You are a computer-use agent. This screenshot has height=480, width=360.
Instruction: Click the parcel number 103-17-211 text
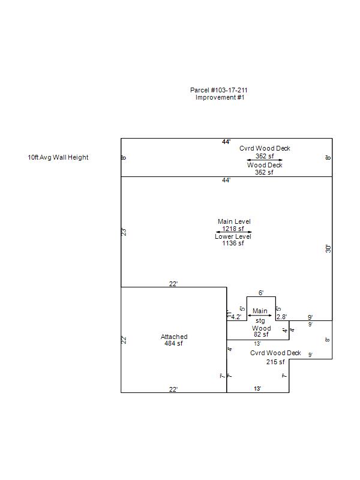(219, 90)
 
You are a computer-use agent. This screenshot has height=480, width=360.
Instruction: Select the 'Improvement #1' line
(220, 97)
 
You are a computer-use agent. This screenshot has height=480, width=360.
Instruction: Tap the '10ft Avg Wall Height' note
(58, 158)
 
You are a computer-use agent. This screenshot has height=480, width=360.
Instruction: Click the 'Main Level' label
(234, 221)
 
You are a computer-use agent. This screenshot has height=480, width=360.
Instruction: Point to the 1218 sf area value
(233, 229)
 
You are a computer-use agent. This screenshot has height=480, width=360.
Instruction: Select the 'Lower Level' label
(233, 236)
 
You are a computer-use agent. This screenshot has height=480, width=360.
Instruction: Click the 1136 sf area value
(233, 244)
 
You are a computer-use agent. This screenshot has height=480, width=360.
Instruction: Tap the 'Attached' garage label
(174, 337)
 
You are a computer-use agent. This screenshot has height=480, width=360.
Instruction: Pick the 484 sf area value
(174, 344)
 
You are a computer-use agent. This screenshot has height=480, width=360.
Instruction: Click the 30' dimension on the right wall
(328, 248)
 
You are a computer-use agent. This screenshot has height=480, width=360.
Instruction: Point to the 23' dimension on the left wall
(124, 232)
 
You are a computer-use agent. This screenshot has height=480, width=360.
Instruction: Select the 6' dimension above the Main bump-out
(261, 293)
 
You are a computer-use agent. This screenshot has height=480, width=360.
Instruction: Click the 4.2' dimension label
(236, 317)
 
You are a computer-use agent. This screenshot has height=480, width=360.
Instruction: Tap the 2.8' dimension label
(281, 317)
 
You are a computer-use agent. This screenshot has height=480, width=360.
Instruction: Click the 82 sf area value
(261, 335)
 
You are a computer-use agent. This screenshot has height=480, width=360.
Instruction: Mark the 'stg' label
(260, 322)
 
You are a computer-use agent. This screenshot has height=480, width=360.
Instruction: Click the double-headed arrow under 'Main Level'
(233, 232)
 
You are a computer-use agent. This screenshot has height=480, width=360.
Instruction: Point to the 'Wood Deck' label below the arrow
(265, 165)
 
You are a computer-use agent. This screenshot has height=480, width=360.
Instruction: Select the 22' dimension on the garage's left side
(124, 340)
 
